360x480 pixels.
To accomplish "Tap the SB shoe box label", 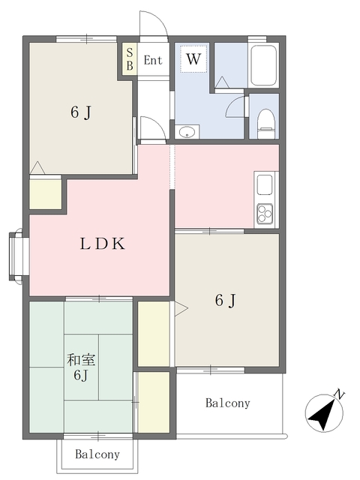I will [x=129, y=58].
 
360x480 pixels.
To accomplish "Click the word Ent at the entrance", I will [x=153, y=60].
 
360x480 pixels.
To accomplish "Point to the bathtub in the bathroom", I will [x=263, y=67].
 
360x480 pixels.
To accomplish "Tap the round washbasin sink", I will [x=187, y=132].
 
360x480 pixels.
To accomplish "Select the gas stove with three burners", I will [x=265, y=214].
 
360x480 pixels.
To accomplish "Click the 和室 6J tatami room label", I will [x=80, y=367].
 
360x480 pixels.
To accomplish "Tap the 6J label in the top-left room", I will [x=81, y=113].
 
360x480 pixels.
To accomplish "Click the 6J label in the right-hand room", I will [x=226, y=301].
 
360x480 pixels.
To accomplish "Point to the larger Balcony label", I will [x=227, y=403].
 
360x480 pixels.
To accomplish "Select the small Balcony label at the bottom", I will [x=98, y=454].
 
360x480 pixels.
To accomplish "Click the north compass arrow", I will [x=323, y=412].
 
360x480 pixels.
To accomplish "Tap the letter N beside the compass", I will [x=340, y=394].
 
